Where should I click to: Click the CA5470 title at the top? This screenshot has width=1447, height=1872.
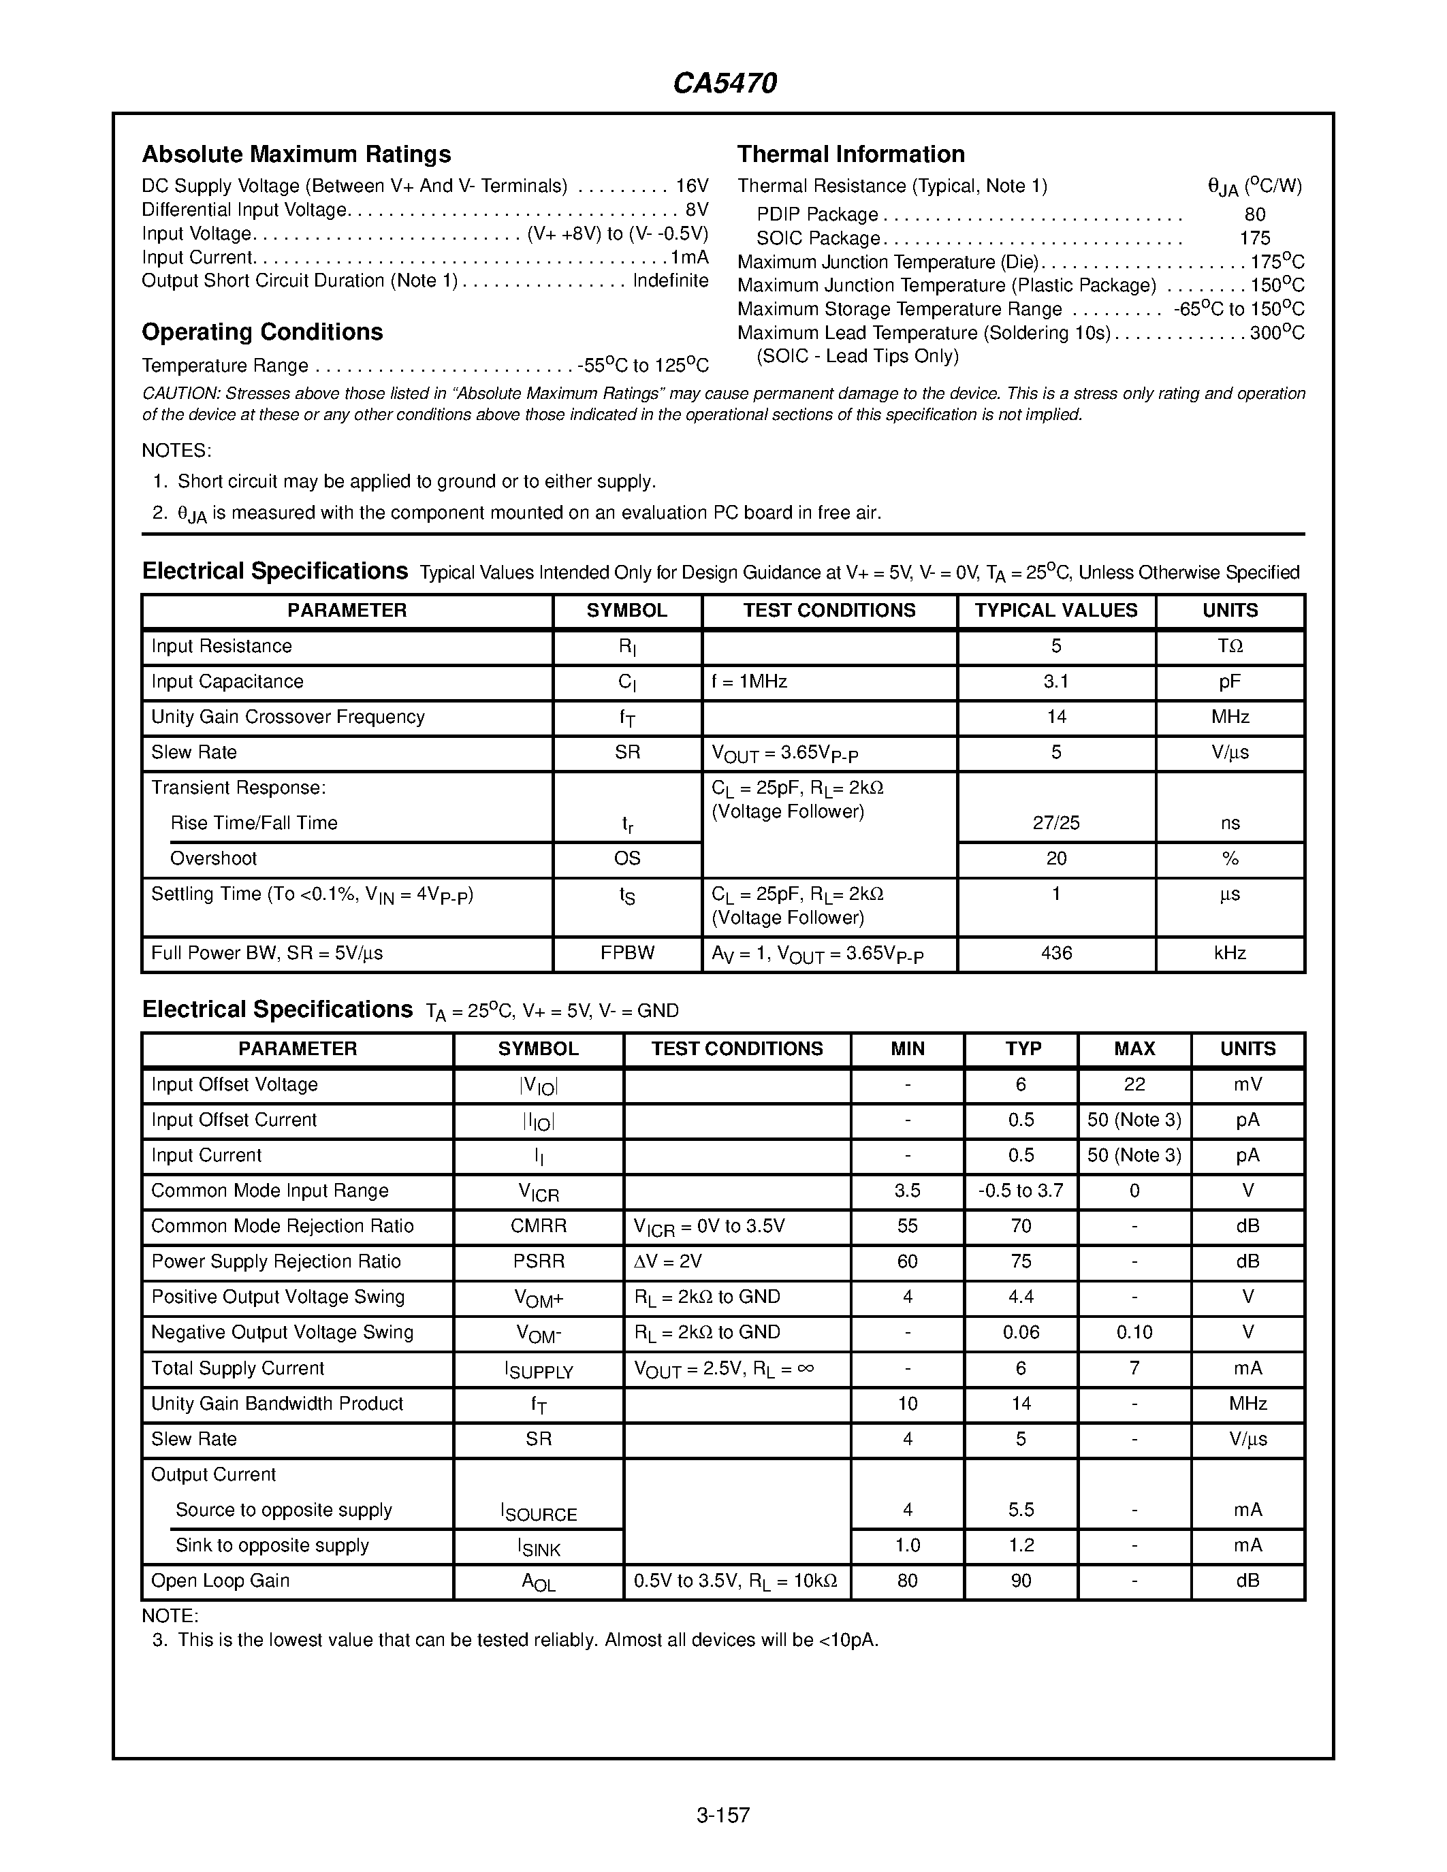point(725,83)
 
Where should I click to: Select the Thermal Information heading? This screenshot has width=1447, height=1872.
point(850,155)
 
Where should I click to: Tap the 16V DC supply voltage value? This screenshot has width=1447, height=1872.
point(692,186)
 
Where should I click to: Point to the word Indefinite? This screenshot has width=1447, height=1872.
point(670,281)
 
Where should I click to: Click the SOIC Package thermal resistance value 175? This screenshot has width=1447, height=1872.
point(1254,238)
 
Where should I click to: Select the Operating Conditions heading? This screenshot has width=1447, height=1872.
point(261,333)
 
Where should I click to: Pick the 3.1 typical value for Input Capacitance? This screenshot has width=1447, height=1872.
point(1055,681)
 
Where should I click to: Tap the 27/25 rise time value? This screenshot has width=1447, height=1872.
point(1055,823)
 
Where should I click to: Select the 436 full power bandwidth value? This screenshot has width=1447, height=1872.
point(1055,953)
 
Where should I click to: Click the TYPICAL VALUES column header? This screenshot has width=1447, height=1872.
point(1055,611)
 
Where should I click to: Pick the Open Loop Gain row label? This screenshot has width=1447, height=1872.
point(221,1581)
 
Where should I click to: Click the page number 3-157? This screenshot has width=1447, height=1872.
point(722,1815)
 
